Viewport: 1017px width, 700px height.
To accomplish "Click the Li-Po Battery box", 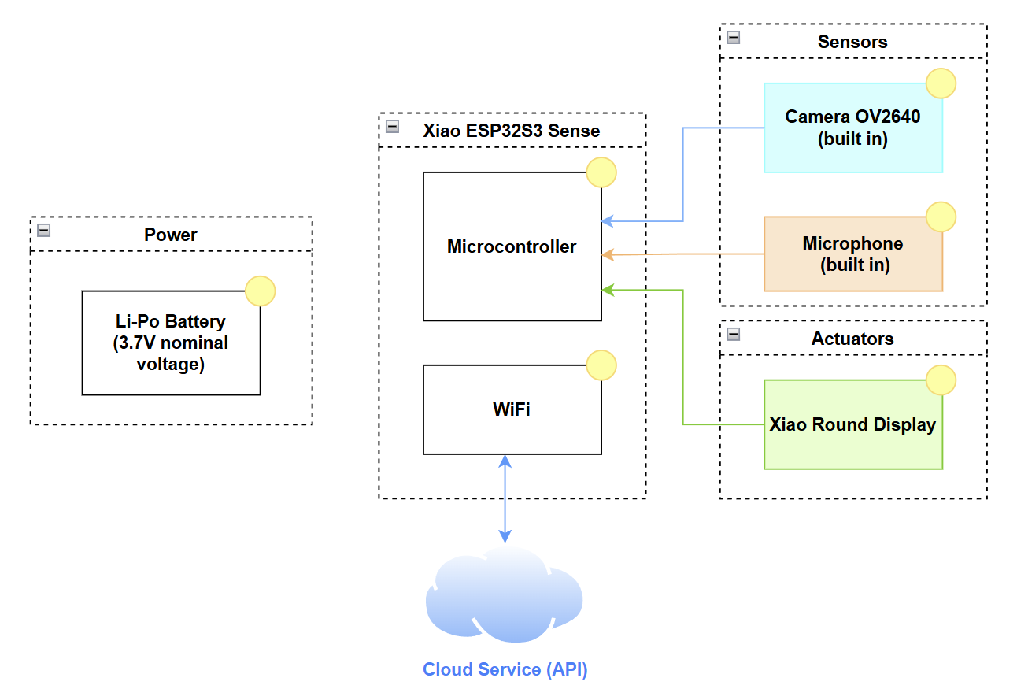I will [171, 343].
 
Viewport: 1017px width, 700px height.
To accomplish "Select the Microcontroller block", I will [512, 246].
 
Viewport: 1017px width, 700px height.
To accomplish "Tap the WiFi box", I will [512, 409].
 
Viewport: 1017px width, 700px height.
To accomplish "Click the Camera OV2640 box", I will [852, 128].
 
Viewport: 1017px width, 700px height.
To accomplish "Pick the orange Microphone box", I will [852, 254].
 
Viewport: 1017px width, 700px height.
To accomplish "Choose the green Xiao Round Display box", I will [852, 425].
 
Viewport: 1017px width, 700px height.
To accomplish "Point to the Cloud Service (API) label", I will [505, 669].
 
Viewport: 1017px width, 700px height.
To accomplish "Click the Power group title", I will [171, 235].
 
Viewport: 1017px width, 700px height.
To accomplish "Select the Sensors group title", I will [852, 42].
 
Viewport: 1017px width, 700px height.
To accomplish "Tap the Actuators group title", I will [852, 339].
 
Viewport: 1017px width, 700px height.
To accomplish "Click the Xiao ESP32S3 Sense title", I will [512, 131].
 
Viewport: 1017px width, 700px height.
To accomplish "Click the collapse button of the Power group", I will [44, 230].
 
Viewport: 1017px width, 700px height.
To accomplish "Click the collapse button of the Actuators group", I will [734, 334].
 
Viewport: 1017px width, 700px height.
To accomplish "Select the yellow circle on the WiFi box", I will [601, 365].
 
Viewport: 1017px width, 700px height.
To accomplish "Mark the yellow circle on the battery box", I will [261, 291].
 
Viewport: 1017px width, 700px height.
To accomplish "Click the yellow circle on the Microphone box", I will [941, 217].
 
